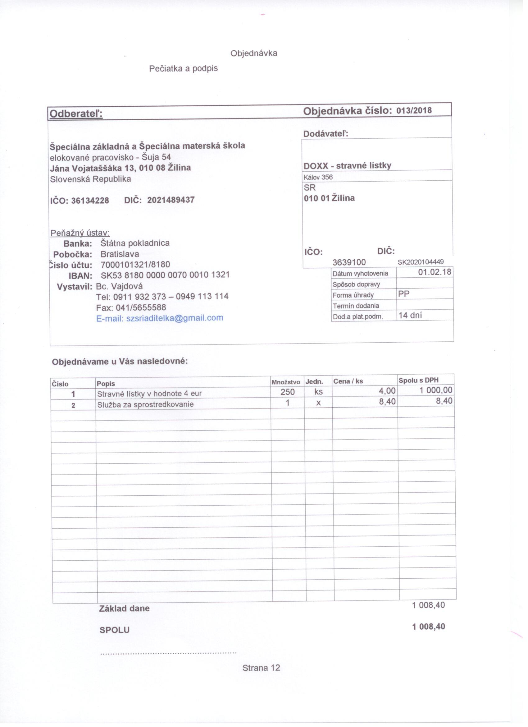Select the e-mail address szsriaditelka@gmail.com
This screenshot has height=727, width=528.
click(x=175, y=318)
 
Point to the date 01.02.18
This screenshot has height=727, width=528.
click(x=435, y=272)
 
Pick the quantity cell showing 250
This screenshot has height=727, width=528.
click(x=288, y=392)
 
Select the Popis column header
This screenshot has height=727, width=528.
click(x=106, y=383)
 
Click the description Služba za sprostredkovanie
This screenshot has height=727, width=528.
click(x=145, y=404)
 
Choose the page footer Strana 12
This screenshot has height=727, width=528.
click(x=261, y=668)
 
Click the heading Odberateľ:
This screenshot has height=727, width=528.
click(x=76, y=114)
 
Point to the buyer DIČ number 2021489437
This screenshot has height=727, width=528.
click(x=171, y=200)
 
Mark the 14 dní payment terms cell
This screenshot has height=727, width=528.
click(x=410, y=315)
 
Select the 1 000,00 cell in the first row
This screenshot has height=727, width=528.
click(x=436, y=390)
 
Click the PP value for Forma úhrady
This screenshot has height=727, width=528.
click(x=404, y=294)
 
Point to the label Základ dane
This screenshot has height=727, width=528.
click(x=124, y=609)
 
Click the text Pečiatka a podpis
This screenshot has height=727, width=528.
click(x=183, y=68)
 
